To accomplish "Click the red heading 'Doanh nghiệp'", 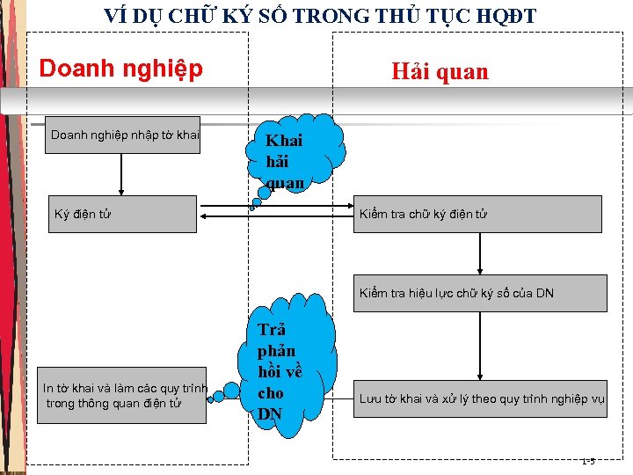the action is [121, 69].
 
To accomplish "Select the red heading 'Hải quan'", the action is [440, 71].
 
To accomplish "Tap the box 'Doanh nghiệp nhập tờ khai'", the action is [124, 135].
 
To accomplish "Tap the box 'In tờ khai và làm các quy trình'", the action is [122, 395].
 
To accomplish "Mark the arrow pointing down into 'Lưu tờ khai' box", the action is [481, 342].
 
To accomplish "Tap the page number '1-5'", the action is [587, 461].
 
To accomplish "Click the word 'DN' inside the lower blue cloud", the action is [270, 413].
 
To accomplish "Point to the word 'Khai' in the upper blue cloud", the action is [284, 141].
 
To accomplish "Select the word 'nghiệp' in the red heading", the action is [166, 69].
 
